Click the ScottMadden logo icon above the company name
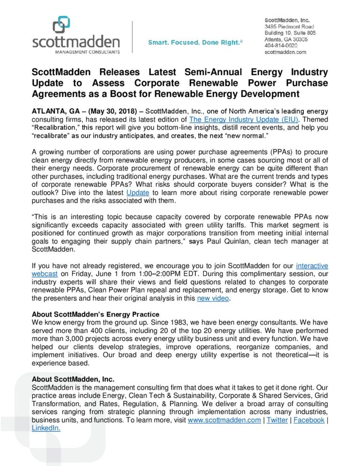coord(61,24)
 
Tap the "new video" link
coord(213,299)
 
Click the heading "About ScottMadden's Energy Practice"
coord(96,314)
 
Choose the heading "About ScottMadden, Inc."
coord(73,379)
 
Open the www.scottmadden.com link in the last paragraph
coord(224,420)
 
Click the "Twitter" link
coord(277,420)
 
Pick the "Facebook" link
coord(308,420)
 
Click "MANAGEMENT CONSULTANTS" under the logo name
coord(76,52)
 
